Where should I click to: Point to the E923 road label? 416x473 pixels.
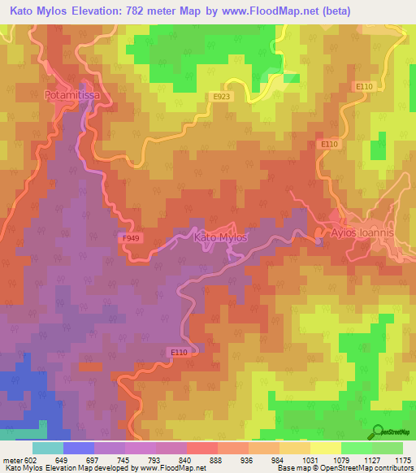tap(219, 97)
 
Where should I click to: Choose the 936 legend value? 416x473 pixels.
tap(248, 460)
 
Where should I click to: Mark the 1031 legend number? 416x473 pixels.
tap(310, 460)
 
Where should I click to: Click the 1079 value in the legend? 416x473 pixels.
tap(340, 460)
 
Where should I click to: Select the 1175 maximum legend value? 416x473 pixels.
tap(402, 460)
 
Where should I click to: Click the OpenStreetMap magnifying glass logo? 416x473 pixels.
tap(379, 431)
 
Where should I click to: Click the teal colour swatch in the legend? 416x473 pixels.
tap(47, 448)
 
